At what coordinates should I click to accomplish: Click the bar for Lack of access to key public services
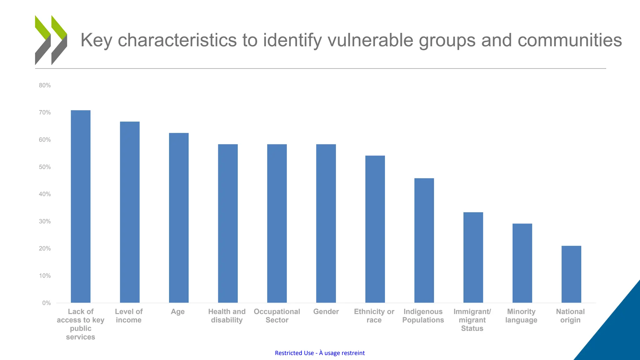81,206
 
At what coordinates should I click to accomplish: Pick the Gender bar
326,223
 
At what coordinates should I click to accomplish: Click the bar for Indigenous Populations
424,240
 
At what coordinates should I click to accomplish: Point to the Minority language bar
522,263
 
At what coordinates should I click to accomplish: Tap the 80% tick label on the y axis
45,85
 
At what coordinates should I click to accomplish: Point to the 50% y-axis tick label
45,167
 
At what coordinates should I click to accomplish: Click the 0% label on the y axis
47,303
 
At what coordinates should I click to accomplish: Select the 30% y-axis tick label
45,221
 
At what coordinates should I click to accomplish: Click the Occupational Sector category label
277,316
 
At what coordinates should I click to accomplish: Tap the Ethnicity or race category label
374,316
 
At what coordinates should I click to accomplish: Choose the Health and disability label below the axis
227,316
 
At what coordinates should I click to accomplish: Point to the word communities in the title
569,40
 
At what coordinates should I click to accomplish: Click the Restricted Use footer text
320,353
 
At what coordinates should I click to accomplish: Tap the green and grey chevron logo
51,40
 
